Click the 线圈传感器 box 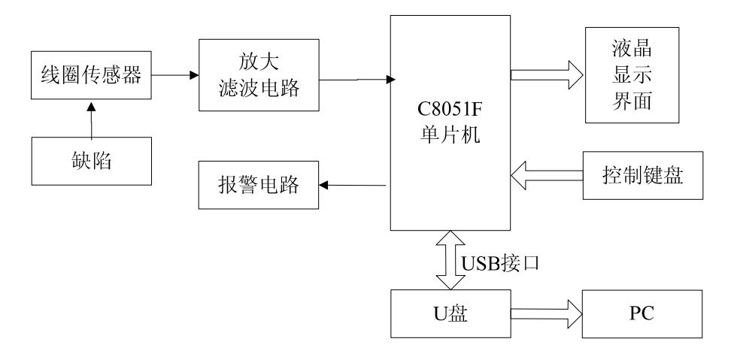(91, 74)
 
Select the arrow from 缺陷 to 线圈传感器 (92, 122)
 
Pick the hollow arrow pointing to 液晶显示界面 (546, 74)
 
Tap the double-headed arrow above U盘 (450, 260)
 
